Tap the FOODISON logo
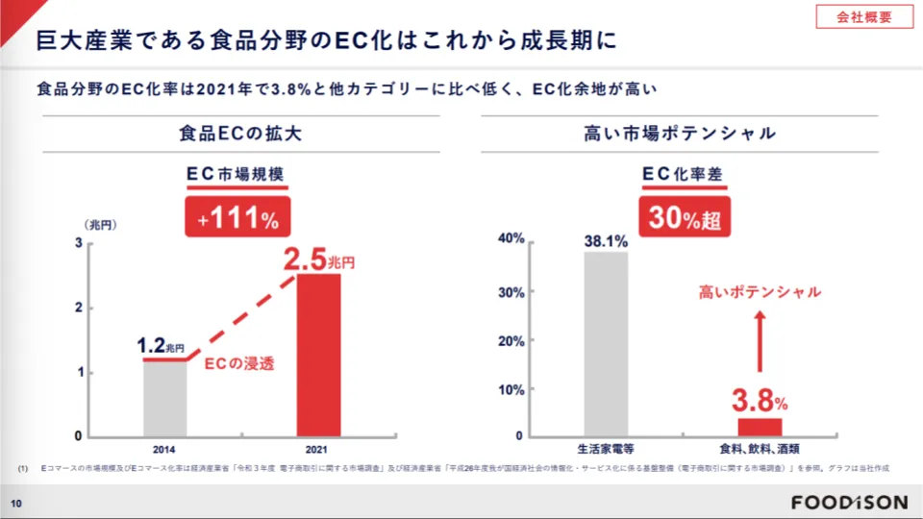click(849, 503)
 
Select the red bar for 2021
click(318, 355)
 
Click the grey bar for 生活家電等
click(606, 343)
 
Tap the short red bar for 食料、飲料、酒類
click(760, 427)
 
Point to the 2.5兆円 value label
click(318, 259)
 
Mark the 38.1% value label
click(606, 241)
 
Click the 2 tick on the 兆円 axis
click(78, 308)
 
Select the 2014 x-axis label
click(163, 448)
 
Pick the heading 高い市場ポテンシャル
click(680, 134)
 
